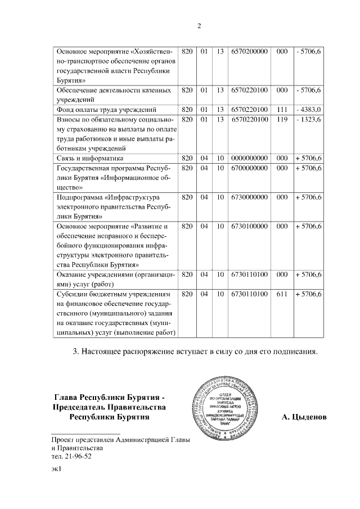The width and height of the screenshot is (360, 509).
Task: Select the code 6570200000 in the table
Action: (x=250, y=51)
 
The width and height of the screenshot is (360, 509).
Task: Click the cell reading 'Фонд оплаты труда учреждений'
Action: (x=107, y=109)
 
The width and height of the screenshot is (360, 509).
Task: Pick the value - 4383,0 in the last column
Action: (x=308, y=109)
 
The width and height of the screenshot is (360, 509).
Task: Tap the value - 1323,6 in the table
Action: (x=308, y=119)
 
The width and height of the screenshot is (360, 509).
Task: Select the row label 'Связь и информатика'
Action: (x=91, y=158)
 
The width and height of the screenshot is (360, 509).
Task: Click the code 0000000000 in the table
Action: (x=250, y=158)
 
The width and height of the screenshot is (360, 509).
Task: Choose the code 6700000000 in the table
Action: (x=250, y=168)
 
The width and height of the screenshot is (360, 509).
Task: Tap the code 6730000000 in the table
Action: (x=250, y=197)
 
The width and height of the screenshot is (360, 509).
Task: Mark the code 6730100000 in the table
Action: (x=250, y=226)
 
